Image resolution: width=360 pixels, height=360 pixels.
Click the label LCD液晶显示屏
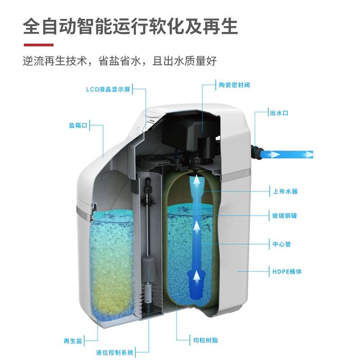tap(108, 89)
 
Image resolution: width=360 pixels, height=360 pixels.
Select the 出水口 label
tap(279, 113)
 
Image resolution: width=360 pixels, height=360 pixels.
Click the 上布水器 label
tap(285, 191)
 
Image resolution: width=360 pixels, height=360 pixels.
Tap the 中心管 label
tap(282, 244)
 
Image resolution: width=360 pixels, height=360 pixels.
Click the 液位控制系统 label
tap(115, 352)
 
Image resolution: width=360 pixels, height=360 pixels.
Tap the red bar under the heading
tap(38, 45)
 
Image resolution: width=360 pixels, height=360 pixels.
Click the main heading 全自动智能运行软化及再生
tap(130, 26)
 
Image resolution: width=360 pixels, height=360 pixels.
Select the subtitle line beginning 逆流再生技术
tap(120, 61)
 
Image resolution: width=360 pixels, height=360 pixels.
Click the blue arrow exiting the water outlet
tap(288, 154)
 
